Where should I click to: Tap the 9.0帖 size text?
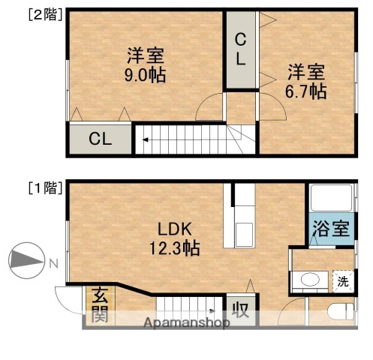click(x=146, y=75)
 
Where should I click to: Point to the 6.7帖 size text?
click(x=307, y=91)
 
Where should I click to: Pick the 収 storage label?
click(x=239, y=308)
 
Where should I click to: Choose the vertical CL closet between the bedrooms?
click(x=241, y=49)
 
